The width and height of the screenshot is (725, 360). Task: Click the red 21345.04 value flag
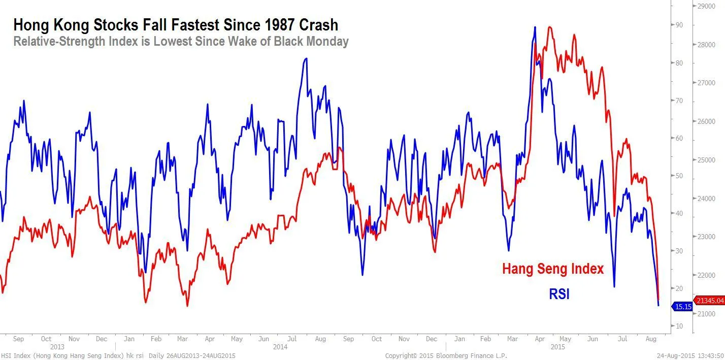(x=709, y=301)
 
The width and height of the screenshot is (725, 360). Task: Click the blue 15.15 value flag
(x=682, y=307)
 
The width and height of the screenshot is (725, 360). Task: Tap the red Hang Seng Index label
(x=553, y=269)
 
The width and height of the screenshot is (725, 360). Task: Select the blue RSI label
(x=559, y=294)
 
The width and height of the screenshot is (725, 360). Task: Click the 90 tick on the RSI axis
(x=679, y=25)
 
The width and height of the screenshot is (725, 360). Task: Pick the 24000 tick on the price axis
(x=707, y=199)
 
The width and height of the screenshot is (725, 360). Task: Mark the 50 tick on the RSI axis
(x=679, y=176)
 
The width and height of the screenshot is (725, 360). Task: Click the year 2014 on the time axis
(x=280, y=347)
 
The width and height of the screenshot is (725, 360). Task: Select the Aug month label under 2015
(x=650, y=339)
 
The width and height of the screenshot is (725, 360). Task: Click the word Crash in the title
(x=315, y=25)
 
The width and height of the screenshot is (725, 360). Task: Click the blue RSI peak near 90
(x=535, y=27)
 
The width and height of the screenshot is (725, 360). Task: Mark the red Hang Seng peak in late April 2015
(x=549, y=27)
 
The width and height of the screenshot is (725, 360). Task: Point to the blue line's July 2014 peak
(x=305, y=58)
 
